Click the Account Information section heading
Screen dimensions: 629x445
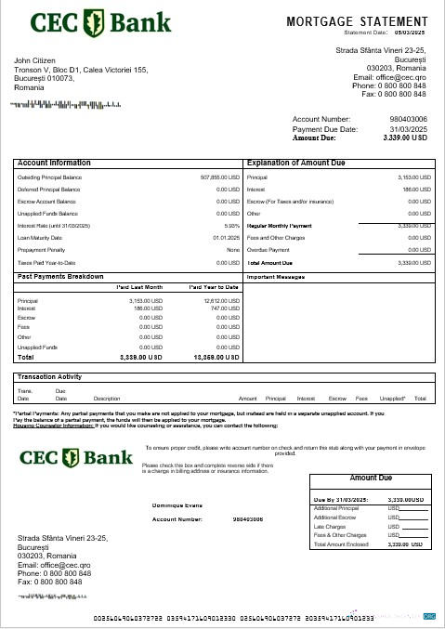[54, 163]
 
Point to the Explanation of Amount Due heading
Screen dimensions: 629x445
[297, 163]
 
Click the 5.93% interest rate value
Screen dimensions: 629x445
[232, 226]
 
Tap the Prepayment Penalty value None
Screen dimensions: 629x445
[233, 250]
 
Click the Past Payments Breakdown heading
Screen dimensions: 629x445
[60, 276]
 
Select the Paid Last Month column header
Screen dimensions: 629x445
[139, 288]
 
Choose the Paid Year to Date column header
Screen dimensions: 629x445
[215, 288]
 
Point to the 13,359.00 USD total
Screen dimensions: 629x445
[216, 357]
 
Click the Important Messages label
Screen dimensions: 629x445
[275, 277]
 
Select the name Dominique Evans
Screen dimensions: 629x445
[176, 505]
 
